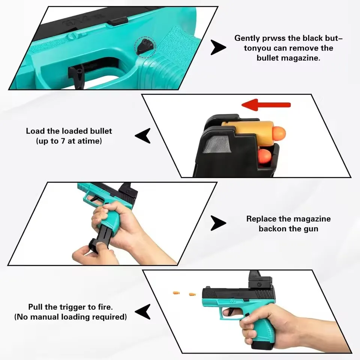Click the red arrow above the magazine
tap(266, 105)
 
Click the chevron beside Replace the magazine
tap(218, 223)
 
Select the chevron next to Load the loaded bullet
tap(143, 136)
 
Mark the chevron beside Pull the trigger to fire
tap(143, 312)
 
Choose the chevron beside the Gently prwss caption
tap(218, 48)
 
